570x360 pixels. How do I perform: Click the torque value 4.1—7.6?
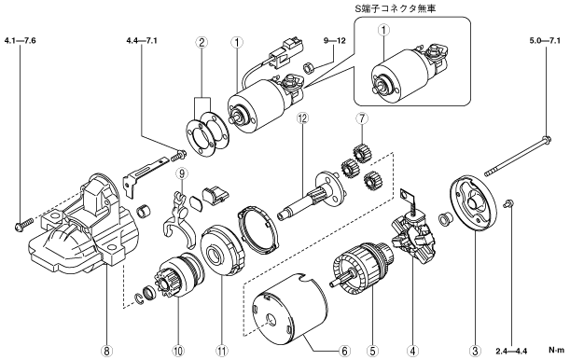[20, 40]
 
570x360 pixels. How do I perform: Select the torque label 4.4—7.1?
[142, 40]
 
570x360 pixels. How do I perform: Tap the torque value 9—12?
[335, 40]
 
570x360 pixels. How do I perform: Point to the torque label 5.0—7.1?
[545, 40]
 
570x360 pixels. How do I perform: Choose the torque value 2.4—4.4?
[511, 351]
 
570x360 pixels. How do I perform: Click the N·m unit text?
[557, 351]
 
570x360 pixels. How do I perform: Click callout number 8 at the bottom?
[106, 351]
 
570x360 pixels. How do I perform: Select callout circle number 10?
[178, 351]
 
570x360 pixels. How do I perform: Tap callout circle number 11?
[222, 351]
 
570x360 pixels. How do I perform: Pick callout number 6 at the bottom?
[344, 351]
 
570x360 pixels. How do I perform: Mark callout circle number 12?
[302, 118]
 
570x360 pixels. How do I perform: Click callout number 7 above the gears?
[362, 118]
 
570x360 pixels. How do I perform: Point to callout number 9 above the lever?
[182, 173]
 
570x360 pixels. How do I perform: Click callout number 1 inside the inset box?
[383, 30]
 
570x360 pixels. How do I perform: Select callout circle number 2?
[202, 43]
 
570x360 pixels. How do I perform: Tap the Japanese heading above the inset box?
[395, 8]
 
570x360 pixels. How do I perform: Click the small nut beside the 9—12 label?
[308, 67]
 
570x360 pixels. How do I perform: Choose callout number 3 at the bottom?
[475, 351]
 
